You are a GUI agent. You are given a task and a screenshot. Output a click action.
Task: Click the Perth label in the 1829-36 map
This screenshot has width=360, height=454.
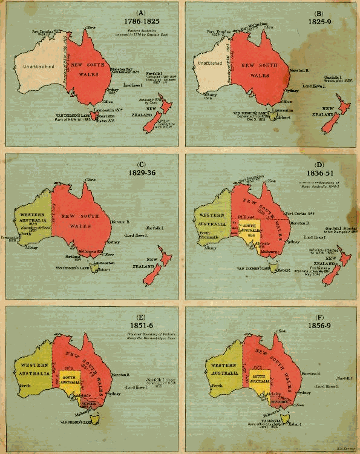coord(24,229)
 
